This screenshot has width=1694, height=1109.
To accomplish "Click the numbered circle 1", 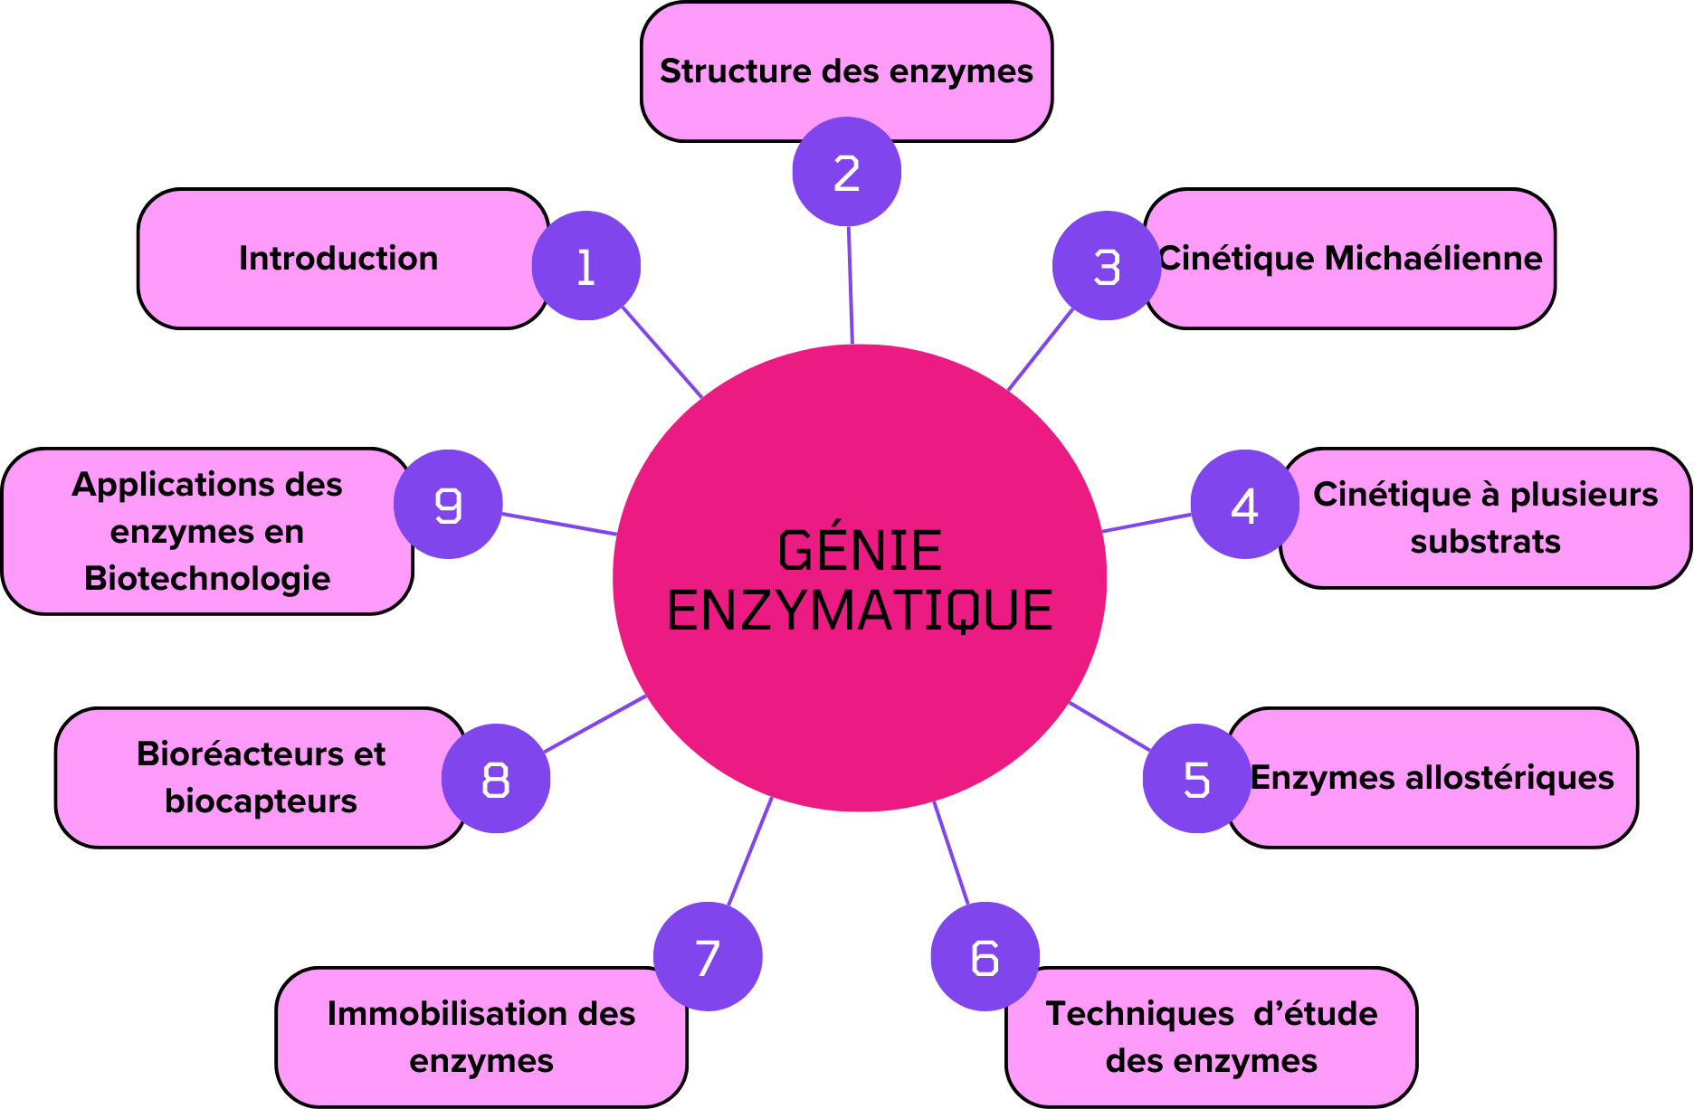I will pos(586,266).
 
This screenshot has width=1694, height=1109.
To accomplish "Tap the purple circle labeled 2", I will pos(846,172).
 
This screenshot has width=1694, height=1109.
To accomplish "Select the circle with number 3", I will pos(1106,266).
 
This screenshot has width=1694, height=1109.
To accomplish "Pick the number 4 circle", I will pos(1244,505).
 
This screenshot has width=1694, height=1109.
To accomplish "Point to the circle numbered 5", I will pos(1196,778).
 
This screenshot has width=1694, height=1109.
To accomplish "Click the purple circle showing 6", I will pos(985,956).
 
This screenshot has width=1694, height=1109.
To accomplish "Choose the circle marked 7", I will pos(708,956).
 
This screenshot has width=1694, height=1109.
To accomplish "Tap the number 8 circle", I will pos(496,778).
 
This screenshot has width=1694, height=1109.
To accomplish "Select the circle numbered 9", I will pos(448,505).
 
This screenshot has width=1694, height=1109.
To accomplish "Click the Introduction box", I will pos(338,259).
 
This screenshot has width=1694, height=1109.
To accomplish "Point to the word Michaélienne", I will pos(1433,259).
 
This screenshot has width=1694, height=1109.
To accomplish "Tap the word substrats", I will pos(1485,542).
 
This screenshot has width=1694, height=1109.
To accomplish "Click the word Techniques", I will pos(1140,1014).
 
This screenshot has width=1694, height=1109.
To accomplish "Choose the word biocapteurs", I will pos(261,801).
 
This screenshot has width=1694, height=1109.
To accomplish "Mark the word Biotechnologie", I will pos(207,579).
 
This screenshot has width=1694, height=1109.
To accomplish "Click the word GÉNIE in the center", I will pos(860,551).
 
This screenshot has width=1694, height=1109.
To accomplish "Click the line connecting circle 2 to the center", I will pos(851,285).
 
